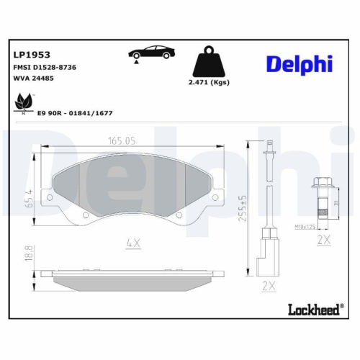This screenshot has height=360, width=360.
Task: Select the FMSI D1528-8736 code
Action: (x=45, y=67)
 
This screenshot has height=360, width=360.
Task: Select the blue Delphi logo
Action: (x=298, y=64)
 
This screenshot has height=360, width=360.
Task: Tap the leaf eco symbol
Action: (x=24, y=102)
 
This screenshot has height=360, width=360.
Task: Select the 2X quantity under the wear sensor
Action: (x=269, y=286)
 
